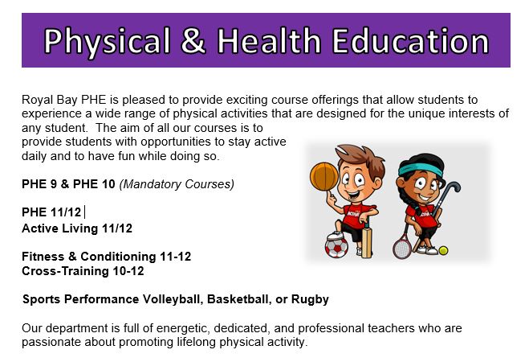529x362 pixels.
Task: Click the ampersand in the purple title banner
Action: [x=193, y=40]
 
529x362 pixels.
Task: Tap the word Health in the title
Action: [x=269, y=40]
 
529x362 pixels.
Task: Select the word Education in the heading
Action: [x=410, y=40]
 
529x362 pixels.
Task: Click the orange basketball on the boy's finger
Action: [x=324, y=176]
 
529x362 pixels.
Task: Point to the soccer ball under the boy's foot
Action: [x=336, y=247]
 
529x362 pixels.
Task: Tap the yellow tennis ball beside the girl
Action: [x=443, y=250]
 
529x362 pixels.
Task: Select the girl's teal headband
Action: [x=421, y=169]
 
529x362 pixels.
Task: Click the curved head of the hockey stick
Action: [x=453, y=188]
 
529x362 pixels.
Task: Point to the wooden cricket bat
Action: [x=366, y=240]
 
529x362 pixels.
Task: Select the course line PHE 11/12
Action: [x=51, y=212]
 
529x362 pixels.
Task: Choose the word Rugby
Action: [x=310, y=300]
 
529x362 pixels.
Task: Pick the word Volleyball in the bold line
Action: [x=173, y=299]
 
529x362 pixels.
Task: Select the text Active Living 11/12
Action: [x=77, y=228]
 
